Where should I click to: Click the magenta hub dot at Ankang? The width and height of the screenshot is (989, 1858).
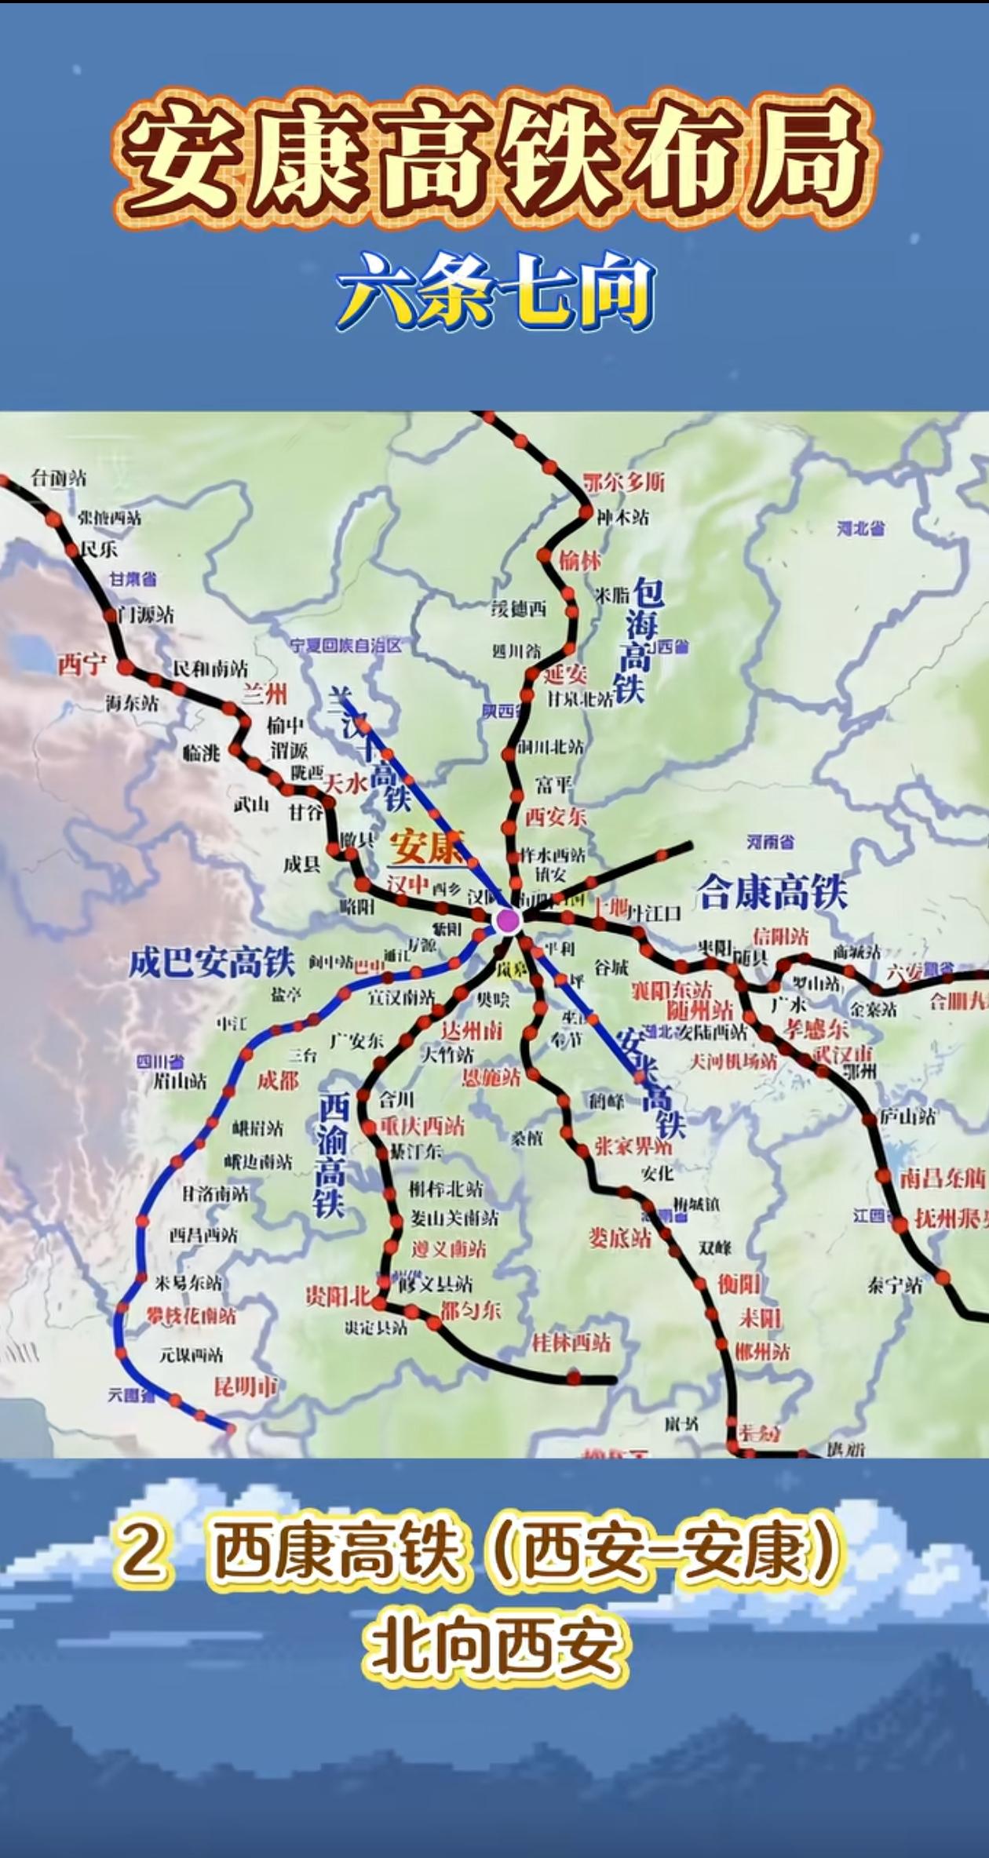coord(508,921)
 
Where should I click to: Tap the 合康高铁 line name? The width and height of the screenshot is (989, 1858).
coord(772,892)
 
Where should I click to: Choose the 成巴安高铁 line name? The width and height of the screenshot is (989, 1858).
coord(211,962)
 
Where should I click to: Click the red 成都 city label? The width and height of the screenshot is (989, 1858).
coord(278,1080)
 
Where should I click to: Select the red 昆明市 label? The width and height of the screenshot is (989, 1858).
coord(246,1386)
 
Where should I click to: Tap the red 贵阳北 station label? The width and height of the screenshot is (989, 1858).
coord(338,1297)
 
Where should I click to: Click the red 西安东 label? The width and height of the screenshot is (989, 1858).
coord(556,817)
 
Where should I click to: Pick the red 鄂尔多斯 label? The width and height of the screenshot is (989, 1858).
coord(624,481)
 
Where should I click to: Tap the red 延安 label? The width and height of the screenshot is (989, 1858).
coord(565,673)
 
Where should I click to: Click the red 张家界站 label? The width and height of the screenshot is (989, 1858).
coord(633,1146)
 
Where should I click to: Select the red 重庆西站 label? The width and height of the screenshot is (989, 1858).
coord(422,1127)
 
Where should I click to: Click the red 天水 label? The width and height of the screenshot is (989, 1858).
coord(346,783)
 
